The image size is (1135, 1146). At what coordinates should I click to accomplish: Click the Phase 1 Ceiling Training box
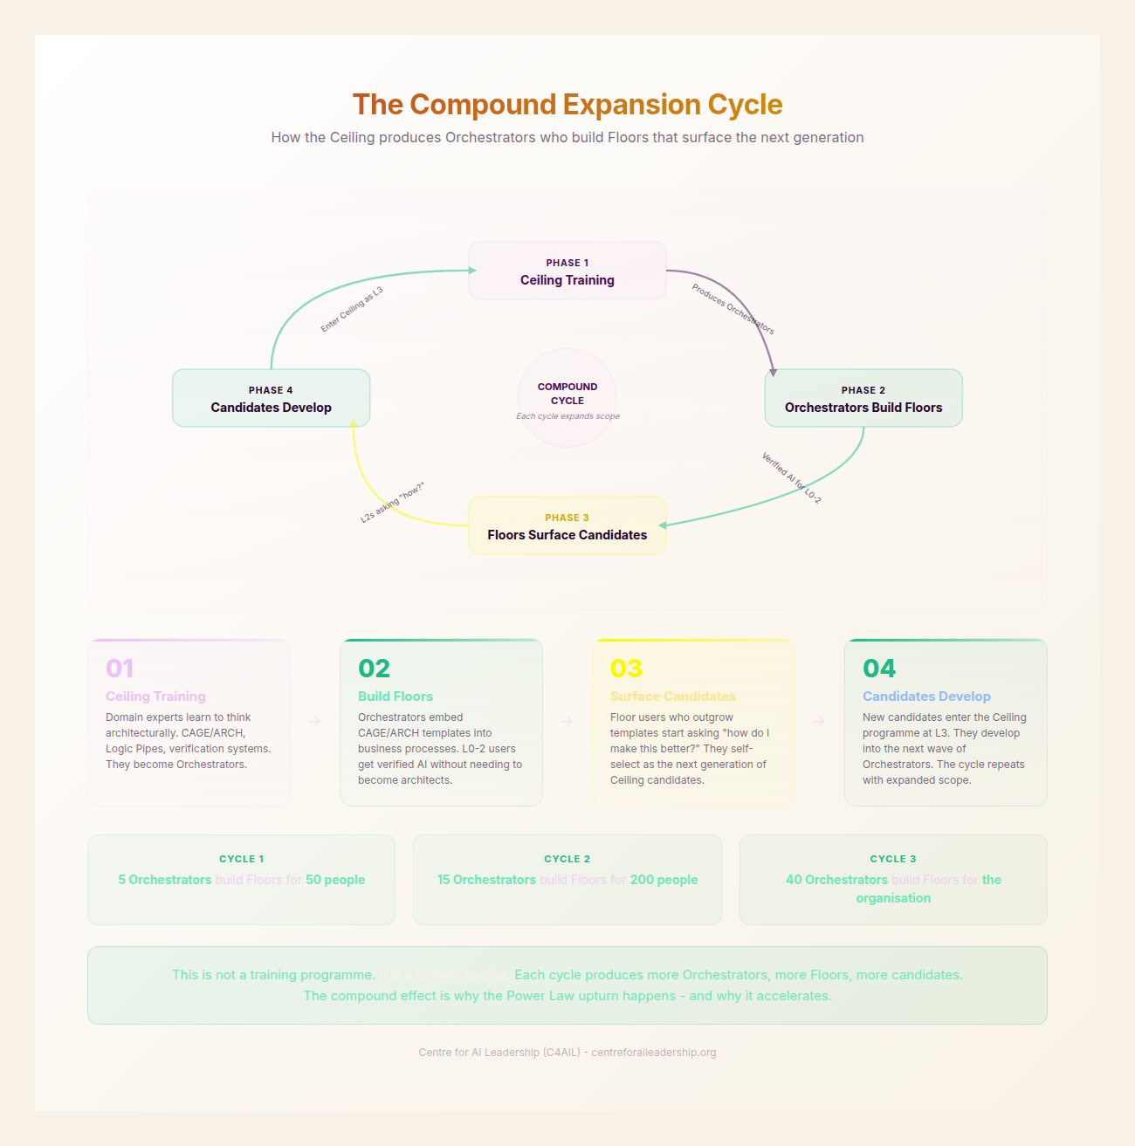pos(567,271)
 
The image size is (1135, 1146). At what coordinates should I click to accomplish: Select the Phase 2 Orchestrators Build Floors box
pos(863,399)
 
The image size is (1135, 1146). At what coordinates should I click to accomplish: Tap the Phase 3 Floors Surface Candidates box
pos(567,526)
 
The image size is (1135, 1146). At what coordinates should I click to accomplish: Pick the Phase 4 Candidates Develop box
pos(272,399)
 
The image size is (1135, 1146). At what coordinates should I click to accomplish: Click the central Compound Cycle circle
pos(567,398)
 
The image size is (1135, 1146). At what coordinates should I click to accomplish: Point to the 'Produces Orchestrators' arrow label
pos(733,309)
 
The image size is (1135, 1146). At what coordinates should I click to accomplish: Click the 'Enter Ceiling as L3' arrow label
pos(352,309)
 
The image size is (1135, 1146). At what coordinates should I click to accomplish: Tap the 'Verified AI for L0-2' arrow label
pos(791,477)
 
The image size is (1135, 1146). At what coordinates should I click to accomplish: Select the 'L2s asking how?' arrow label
pos(392,502)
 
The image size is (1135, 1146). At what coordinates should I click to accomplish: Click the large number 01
pos(120,669)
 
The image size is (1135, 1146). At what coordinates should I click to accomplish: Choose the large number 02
pos(374,669)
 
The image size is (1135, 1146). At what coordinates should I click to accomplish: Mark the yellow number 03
pos(626,669)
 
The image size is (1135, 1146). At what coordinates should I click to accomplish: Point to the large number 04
pos(879,669)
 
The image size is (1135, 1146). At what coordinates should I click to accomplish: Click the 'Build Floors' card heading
pos(396,697)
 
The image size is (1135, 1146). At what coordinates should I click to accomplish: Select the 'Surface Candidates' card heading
pos(673,697)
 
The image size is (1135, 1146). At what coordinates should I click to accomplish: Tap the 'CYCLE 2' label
pos(567,859)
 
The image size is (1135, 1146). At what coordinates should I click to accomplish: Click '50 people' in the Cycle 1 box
pos(335,880)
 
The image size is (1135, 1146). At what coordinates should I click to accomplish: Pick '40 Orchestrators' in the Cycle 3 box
pos(836,880)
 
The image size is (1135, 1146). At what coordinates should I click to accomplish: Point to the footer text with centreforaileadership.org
pos(567,1053)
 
